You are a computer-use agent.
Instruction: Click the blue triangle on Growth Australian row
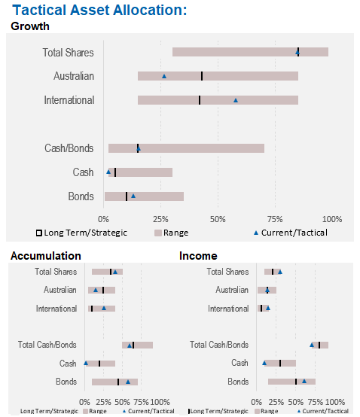coord(164,76)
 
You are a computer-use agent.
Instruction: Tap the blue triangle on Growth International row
coord(236,100)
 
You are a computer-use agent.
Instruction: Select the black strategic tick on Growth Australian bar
coord(202,76)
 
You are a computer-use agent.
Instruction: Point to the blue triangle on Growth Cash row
coord(108,172)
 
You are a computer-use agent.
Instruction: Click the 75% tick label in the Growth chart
coord(275,219)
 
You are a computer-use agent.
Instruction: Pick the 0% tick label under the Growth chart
coord(103,219)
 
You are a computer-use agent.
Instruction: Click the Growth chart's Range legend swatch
coord(158,233)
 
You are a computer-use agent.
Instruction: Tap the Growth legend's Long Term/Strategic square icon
coord(39,233)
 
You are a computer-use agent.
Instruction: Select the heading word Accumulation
coord(46,256)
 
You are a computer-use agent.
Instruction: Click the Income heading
coord(198,256)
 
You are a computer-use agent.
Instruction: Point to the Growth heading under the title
coord(30,26)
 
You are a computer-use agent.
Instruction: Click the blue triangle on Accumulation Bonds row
coord(128,382)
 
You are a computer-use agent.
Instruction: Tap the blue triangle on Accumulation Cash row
coord(86,363)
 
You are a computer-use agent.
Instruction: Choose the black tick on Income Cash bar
coord(280,364)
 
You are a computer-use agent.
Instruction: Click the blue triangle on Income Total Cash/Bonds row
coord(312,345)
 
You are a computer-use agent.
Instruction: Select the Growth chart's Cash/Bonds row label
coord(69,148)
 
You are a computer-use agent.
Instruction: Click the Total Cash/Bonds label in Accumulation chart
coord(47,345)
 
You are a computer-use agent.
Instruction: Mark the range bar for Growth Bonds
coord(144,196)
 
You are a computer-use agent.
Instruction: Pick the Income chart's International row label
coord(228,309)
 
